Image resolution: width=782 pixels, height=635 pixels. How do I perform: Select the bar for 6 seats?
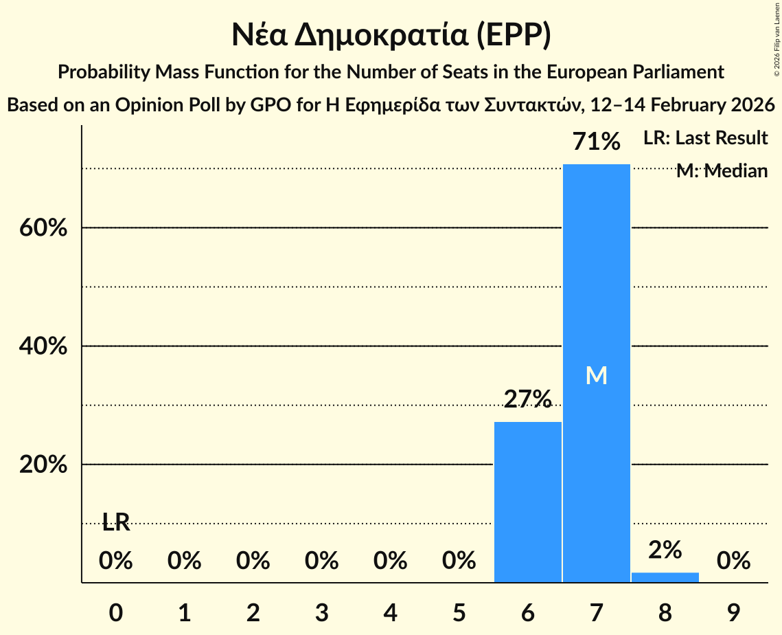pyautogui.click(x=527, y=502)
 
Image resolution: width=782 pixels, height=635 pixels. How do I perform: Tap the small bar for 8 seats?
pyautogui.click(x=665, y=577)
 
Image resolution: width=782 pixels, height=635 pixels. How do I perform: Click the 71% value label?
pyautogui.click(x=596, y=142)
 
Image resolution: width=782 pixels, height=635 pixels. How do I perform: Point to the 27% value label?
pyautogui.click(x=527, y=399)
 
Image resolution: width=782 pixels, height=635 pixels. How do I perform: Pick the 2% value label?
pyautogui.click(x=665, y=549)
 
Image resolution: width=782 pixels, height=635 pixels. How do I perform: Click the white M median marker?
pyautogui.click(x=596, y=375)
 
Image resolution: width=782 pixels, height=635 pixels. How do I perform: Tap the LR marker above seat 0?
pyautogui.click(x=116, y=522)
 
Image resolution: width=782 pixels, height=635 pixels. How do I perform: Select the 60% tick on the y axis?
pyautogui.click(x=43, y=227)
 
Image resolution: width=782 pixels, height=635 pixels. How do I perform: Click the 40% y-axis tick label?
pyautogui.click(x=43, y=346)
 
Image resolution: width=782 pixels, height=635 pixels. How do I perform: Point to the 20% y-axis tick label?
pyautogui.click(x=43, y=465)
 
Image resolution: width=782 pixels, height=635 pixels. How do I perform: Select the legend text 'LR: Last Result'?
pyautogui.click(x=705, y=138)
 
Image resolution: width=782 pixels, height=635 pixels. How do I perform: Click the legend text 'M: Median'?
pyautogui.click(x=722, y=171)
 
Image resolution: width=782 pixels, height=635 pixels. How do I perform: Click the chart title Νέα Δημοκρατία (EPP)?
pyautogui.click(x=391, y=36)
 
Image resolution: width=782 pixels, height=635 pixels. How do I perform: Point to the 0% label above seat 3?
pyautogui.click(x=321, y=561)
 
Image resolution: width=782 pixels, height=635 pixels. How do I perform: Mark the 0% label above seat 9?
pyautogui.click(x=733, y=561)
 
